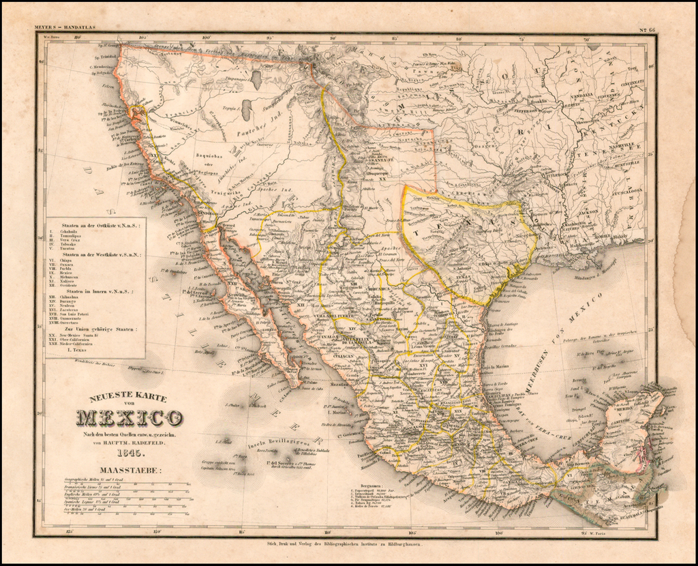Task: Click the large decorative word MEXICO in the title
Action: pos(129,417)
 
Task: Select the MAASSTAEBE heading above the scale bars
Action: pos(129,470)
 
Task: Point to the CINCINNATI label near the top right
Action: pos(631,83)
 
